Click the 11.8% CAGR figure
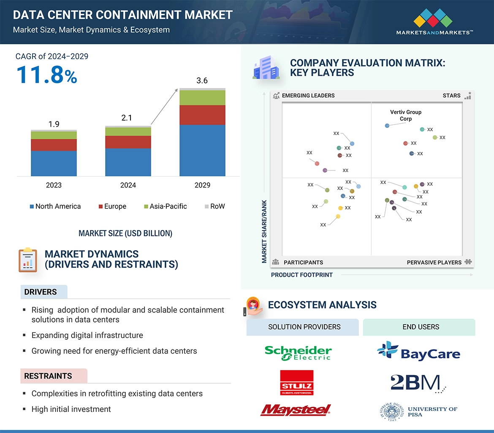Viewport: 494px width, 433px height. click(x=47, y=75)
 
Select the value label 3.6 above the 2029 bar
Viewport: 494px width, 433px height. click(x=202, y=81)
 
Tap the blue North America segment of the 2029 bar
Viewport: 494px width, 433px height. click(x=202, y=150)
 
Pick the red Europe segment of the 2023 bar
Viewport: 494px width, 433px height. click(x=54, y=145)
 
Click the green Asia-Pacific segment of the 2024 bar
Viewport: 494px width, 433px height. click(x=128, y=132)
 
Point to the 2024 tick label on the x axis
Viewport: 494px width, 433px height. click(x=128, y=185)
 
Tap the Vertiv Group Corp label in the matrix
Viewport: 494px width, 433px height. click(x=406, y=115)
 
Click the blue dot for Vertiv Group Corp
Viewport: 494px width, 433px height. click(x=387, y=126)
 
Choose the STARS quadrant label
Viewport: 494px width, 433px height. click(x=451, y=95)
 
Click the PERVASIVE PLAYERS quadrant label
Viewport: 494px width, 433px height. click(x=434, y=263)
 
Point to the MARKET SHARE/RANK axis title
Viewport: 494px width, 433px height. click(x=264, y=231)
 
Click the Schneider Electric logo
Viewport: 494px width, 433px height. click(x=298, y=353)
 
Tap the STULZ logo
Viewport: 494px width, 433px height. click(x=297, y=383)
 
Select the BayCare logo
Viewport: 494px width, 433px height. click(x=418, y=351)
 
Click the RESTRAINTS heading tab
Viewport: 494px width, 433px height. click(x=48, y=376)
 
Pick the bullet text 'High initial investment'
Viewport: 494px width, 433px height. click(x=71, y=409)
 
